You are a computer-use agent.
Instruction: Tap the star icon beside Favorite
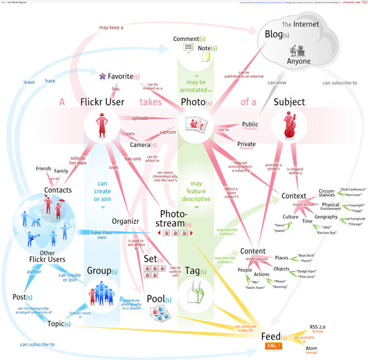[102, 77]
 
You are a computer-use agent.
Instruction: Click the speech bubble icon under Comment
[188, 47]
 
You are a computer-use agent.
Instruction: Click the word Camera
[139, 145]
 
